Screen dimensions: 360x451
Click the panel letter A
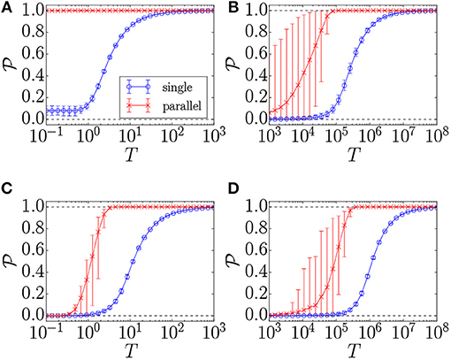[6, 7]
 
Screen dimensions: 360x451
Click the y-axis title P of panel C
[10, 260]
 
